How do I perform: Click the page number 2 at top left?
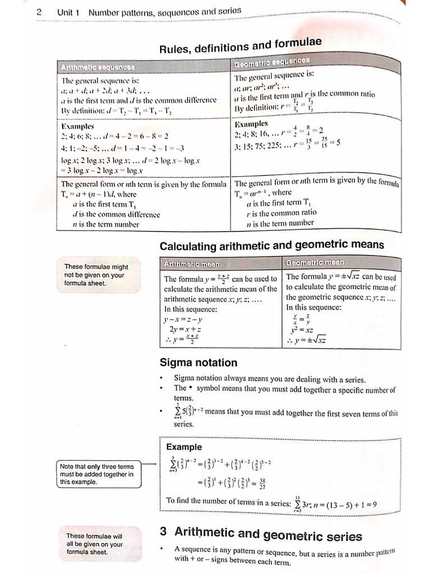pyautogui.click(x=39, y=12)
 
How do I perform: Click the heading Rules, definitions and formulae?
pyautogui.click(x=241, y=45)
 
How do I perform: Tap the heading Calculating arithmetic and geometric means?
pyautogui.click(x=272, y=245)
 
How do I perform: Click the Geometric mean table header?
pyautogui.click(x=315, y=262)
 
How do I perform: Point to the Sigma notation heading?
pyautogui.click(x=198, y=363)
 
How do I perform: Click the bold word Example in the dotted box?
pyautogui.click(x=184, y=447)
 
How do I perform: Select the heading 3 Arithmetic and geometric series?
pyautogui.click(x=261, y=535)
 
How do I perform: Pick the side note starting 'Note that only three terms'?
pyautogui.click(x=96, y=474)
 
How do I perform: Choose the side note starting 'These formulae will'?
pyautogui.click(x=94, y=544)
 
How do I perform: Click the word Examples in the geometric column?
pyautogui.click(x=251, y=124)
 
